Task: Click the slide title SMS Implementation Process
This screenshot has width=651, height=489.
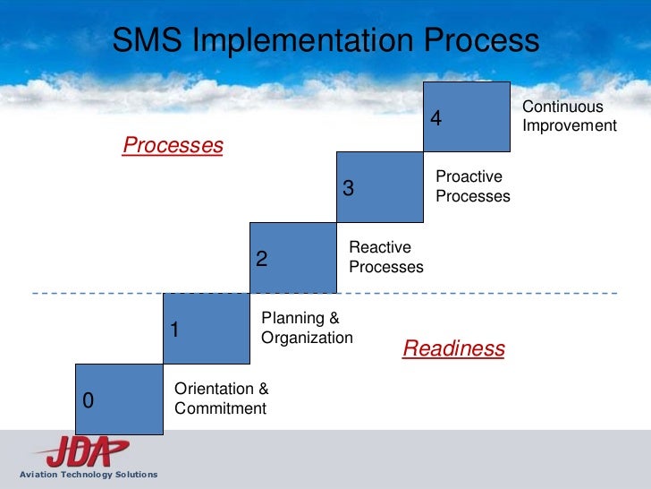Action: point(325,40)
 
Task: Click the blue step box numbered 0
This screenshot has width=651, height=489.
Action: point(119,399)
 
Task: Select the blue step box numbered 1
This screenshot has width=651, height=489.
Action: point(206,329)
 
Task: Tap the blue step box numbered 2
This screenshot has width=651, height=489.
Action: point(292,258)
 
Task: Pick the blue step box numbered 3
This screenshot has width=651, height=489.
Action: point(379,187)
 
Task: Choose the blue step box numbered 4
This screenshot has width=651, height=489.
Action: point(466,116)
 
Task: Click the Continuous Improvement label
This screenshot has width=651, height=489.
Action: point(570,116)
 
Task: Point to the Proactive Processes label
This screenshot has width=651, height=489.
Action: point(473,186)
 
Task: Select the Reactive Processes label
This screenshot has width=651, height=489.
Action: point(385,257)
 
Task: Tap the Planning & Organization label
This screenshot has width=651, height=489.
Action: point(307,328)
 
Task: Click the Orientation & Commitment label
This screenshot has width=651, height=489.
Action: point(221,399)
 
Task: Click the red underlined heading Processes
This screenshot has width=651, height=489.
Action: point(173,145)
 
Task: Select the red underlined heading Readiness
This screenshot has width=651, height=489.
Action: point(453,348)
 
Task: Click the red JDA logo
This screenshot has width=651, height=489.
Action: point(80,450)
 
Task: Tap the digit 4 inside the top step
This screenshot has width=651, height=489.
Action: point(436,118)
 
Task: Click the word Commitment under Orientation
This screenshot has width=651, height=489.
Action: point(221,408)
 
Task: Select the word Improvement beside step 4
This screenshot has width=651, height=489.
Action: point(570,125)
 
